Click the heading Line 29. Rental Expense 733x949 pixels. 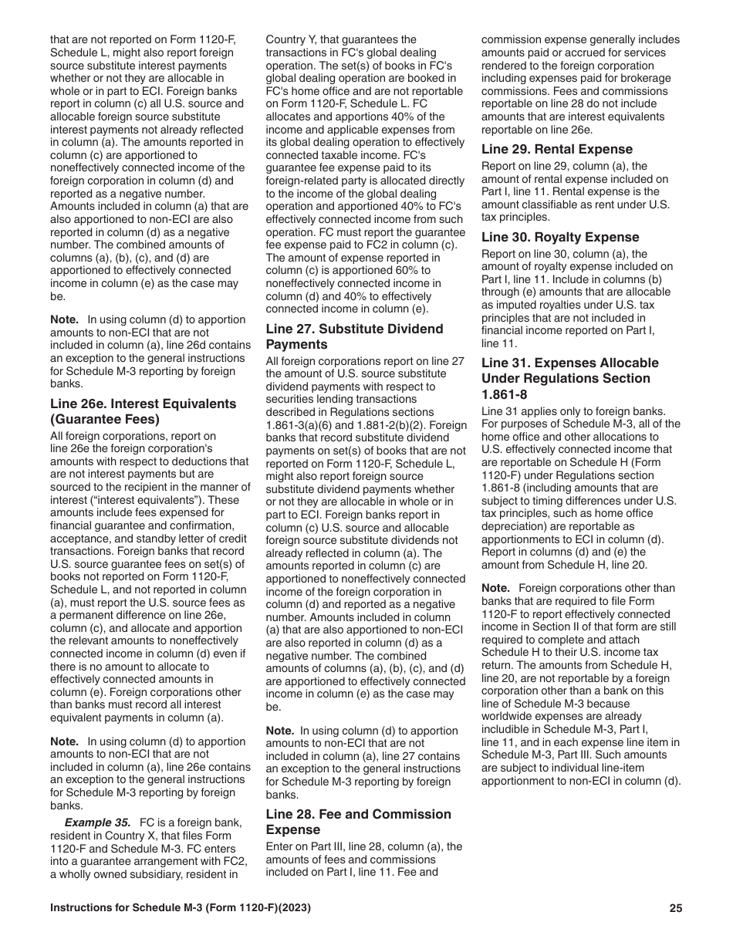[556, 149]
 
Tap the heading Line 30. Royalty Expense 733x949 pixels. [560, 237]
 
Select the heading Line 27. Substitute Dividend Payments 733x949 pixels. [354, 336]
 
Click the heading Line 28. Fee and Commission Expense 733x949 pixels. [358, 822]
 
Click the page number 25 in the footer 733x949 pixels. [676, 908]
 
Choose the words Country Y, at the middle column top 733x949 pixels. [297, 39]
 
